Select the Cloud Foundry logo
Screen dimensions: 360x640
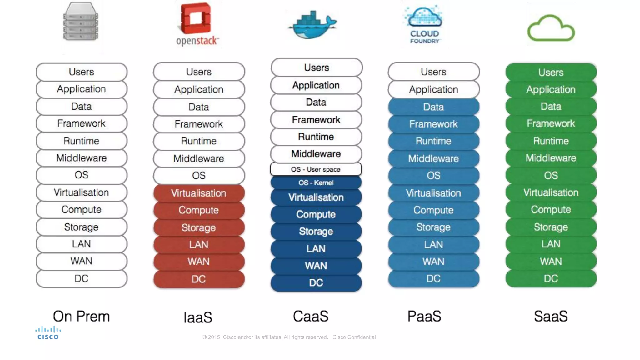coord(424,24)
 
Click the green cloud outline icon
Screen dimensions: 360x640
coord(551,29)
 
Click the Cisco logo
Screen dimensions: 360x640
coord(48,333)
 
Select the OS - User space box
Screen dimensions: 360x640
coord(316,169)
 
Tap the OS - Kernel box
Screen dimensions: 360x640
coord(316,183)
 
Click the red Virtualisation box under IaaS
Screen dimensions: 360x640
coord(199,193)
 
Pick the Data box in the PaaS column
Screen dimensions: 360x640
coord(433,107)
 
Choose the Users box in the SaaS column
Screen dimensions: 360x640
coord(551,72)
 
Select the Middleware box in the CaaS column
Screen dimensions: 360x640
coord(316,154)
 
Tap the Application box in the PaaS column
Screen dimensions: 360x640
coord(433,90)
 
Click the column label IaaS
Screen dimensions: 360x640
coord(198,317)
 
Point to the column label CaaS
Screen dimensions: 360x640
coord(311,316)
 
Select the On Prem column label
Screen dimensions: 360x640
coord(81,316)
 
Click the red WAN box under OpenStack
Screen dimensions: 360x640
coord(199,262)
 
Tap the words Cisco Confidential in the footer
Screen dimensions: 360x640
coord(354,337)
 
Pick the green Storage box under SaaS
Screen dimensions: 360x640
coord(551,227)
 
